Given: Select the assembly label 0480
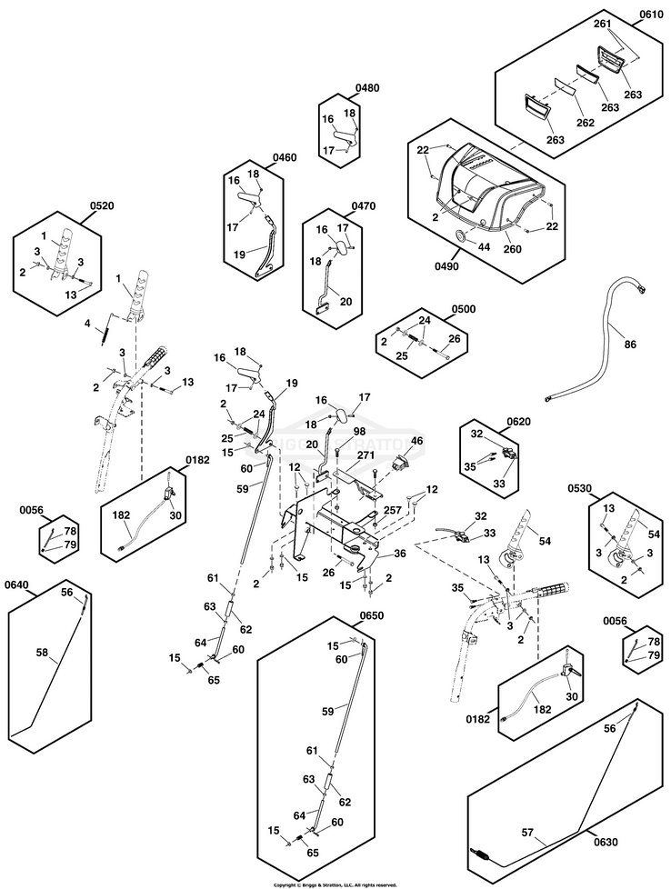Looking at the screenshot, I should [368, 88].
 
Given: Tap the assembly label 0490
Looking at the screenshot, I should [447, 266].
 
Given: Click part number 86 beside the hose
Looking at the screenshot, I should [631, 345].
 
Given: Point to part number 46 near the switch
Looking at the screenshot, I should [417, 442].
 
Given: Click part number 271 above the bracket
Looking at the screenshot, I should [366, 454].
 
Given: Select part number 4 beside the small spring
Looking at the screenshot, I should [88, 323].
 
